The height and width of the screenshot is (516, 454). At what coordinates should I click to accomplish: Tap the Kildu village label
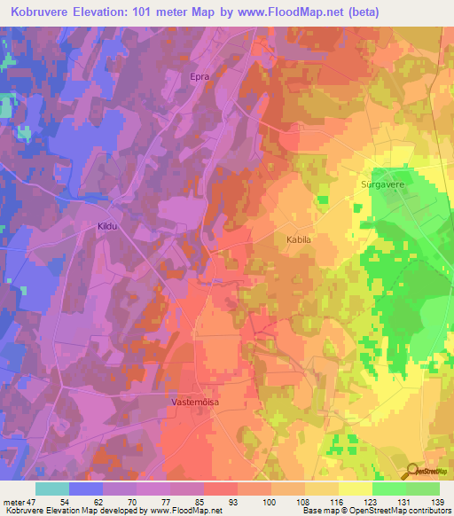point(108,226)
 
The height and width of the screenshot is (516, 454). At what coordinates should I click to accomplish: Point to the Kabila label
point(299,239)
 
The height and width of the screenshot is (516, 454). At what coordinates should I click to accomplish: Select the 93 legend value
point(220,502)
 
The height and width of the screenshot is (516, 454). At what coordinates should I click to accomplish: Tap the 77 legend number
point(153,502)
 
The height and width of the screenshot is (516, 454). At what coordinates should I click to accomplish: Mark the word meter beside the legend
point(13,502)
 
